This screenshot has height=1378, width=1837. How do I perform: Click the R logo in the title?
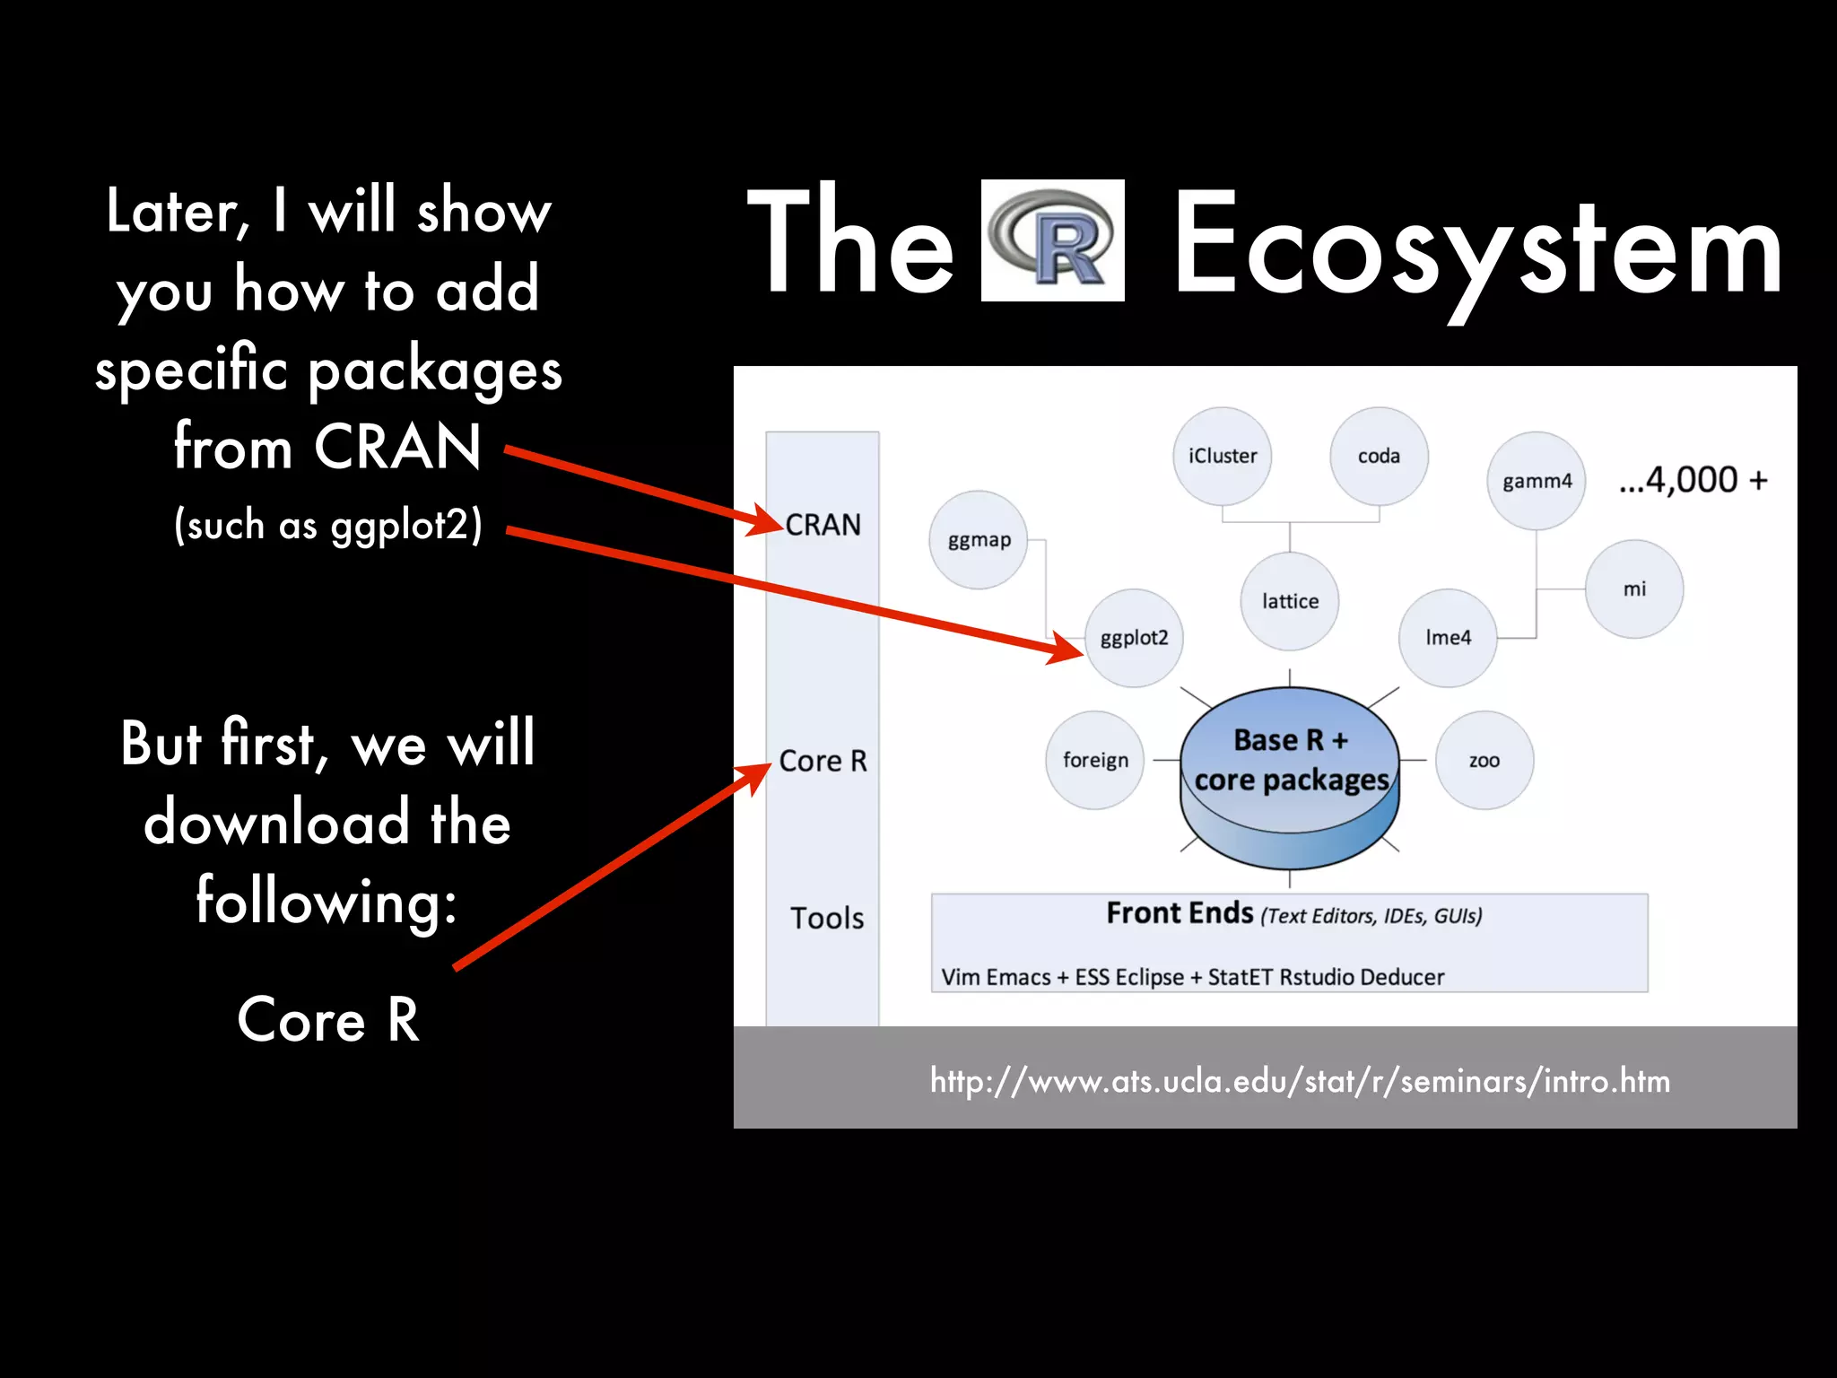point(1052,240)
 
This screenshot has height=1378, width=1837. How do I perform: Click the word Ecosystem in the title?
point(1477,247)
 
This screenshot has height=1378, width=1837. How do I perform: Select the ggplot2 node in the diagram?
point(1134,638)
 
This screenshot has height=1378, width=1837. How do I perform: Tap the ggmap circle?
point(979,540)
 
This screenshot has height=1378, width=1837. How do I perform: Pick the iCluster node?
point(1223,456)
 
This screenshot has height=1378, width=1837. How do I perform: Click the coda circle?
point(1379,456)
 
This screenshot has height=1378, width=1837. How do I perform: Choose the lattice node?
point(1290,601)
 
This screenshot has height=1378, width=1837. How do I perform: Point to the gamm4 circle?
point(1537,481)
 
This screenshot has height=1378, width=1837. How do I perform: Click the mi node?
point(1634,589)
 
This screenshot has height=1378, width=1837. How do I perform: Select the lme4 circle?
point(1448,638)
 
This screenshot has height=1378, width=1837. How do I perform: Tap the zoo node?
point(1484,761)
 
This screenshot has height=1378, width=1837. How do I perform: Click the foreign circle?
point(1095,761)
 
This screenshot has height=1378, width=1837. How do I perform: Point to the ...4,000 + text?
point(1693,480)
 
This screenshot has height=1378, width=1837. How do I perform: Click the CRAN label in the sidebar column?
point(823,525)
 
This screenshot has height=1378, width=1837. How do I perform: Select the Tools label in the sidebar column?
point(826,918)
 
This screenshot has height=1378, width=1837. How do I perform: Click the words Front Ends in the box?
point(1180,913)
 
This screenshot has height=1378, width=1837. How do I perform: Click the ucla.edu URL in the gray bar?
point(1300,1081)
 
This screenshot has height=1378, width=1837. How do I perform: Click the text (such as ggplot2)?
point(328,525)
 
